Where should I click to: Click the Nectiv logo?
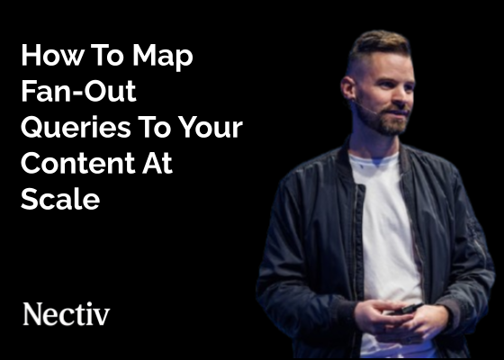point(66,314)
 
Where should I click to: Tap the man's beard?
point(389,121)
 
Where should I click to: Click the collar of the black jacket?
point(346,157)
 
